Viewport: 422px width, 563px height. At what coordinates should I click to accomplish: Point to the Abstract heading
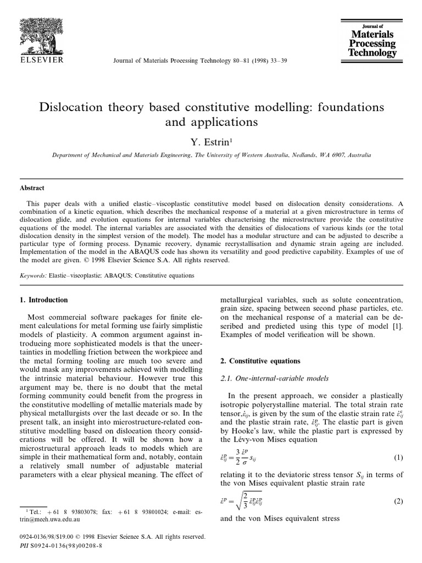(x=32, y=187)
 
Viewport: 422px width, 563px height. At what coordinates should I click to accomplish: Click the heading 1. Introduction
(x=44, y=300)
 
